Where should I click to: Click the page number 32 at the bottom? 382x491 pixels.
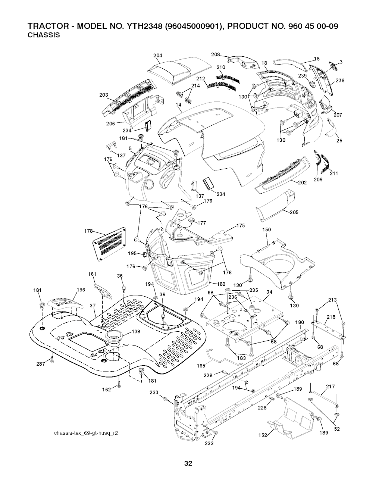tap(188, 464)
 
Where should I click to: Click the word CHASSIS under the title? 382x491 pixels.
tap(44, 35)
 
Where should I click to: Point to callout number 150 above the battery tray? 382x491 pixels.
tap(267, 230)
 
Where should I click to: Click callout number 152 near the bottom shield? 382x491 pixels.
tap(263, 435)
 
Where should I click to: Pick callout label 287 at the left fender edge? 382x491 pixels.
tap(41, 363)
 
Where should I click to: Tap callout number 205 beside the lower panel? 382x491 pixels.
tap(294, 213)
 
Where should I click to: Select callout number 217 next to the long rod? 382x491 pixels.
tap(331, 386)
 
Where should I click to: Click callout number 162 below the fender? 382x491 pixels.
tap(107, 390)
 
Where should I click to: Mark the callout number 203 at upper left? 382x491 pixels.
tap(104, 95)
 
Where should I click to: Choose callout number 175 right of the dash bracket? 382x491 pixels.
tap(241, 226)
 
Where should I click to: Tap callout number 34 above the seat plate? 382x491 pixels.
tap(270, 292)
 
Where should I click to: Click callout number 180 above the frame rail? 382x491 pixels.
tap(300, 322)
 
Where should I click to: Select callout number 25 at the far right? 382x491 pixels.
tap(339, 141)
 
